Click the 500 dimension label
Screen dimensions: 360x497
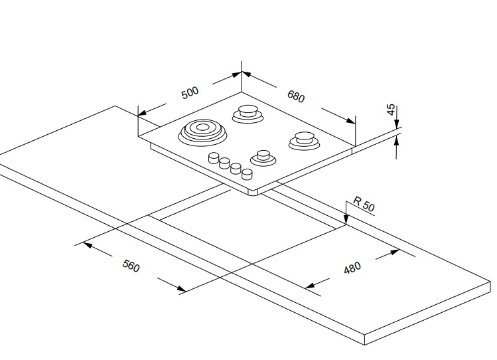point(190,92)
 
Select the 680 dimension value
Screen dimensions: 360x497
point(296,96)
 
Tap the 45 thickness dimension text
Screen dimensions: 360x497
point(391,110)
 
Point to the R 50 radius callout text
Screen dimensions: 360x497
point(364,205)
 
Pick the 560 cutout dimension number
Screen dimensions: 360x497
point(131,267)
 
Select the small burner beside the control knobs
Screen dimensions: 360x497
point(263,158)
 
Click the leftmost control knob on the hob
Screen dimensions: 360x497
point(214,158)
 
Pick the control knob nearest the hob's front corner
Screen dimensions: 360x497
point(248,174)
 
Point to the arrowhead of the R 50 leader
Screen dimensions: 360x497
point(346,221)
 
